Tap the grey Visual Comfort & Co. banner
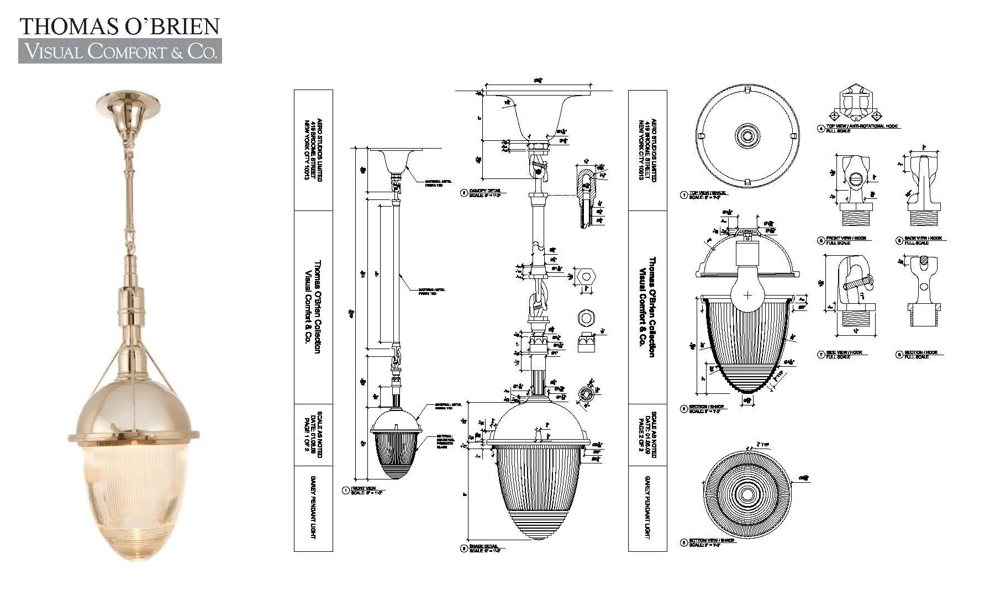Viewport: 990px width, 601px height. point(120,51)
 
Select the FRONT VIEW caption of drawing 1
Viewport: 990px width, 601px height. point(364,489)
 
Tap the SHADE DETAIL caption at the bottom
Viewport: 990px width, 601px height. point(483,547)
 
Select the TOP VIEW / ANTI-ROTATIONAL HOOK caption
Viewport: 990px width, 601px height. point(862,126)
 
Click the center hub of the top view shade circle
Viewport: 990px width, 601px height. point(747,135)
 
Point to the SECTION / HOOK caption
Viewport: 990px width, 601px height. point(920,352)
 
